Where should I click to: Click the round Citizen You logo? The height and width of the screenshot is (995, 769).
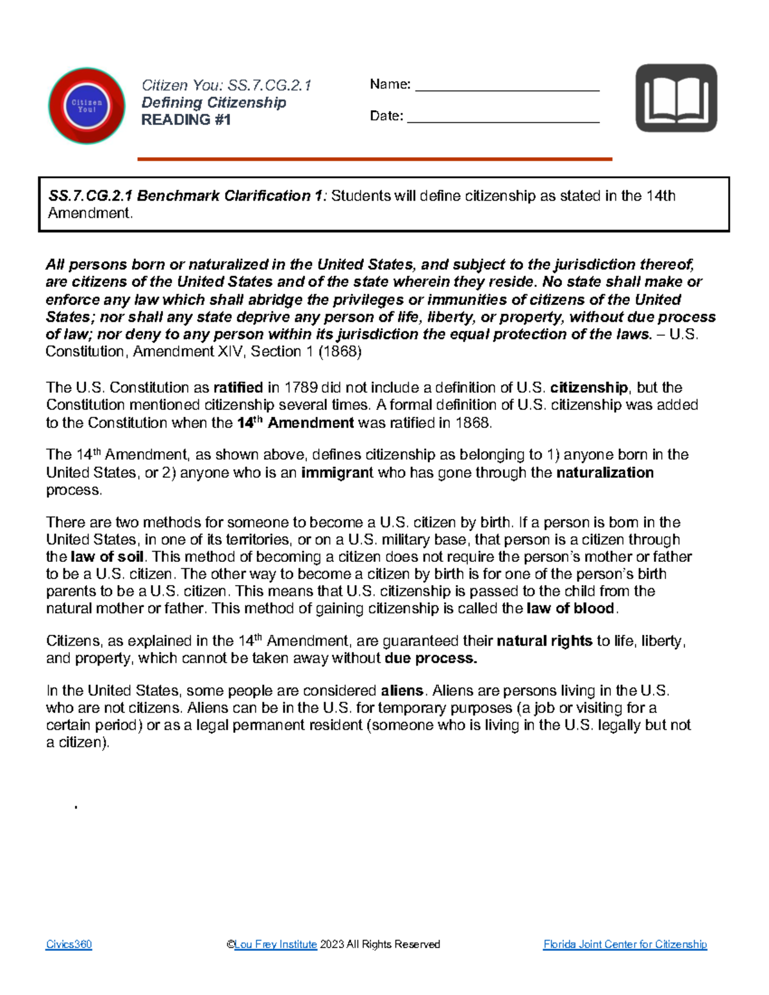(87, 106)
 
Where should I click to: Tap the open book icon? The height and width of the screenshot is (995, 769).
(676, 98)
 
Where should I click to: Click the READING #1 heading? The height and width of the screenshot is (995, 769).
(186, 120)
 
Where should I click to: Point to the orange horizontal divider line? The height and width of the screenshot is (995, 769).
(375, 159)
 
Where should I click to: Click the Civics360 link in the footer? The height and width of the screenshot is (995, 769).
(69, 944)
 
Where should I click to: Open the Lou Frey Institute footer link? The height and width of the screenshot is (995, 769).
(276, 944)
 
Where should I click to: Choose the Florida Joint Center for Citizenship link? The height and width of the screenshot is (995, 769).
(625, 944)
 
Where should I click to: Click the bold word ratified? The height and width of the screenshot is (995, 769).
(238, 388)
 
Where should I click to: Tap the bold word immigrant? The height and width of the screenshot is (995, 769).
(337, 473)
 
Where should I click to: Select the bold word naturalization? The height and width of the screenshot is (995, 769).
(605, 473)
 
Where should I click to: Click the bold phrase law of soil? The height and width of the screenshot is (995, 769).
(107, 557)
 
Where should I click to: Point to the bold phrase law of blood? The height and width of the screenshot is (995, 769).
(570, 609)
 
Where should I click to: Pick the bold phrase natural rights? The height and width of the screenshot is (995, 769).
(544, 641)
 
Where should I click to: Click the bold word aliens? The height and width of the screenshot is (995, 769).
(402, 691)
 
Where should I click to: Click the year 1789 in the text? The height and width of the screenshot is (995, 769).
(301, 388)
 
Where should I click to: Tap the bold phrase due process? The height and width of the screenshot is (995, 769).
(431, 659)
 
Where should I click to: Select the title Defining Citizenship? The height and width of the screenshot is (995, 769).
(213, 103)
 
